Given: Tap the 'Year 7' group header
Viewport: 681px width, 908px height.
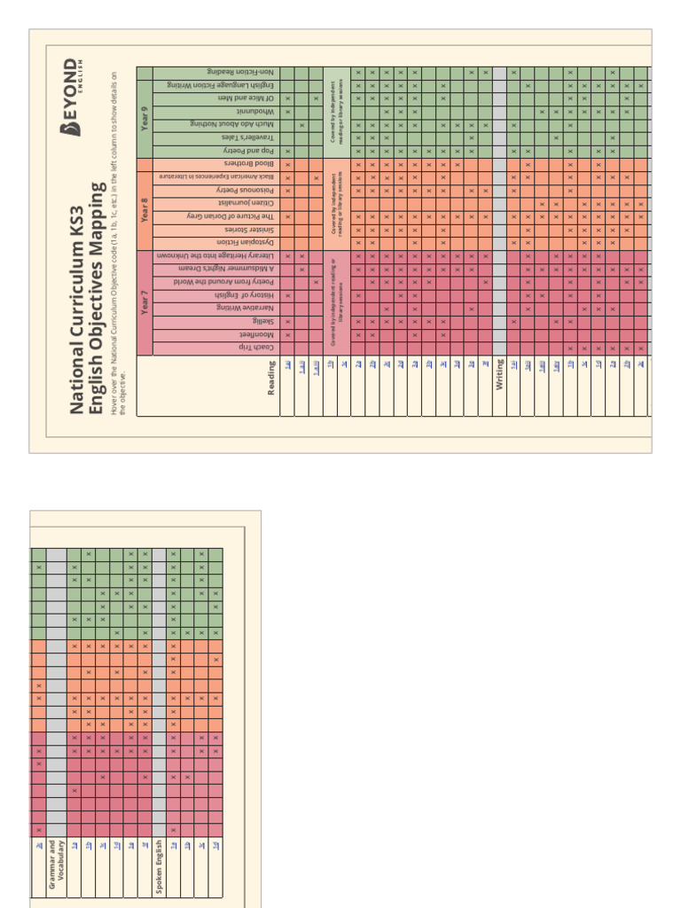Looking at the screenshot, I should (145, 302).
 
